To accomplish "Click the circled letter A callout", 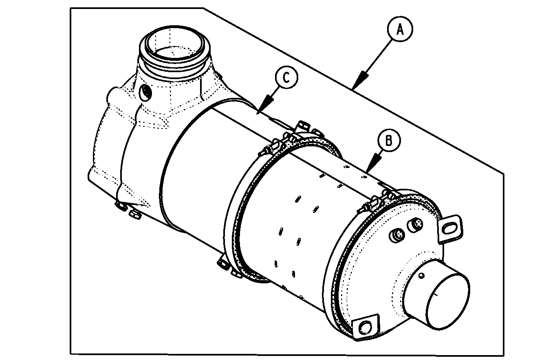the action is tap(400, 29).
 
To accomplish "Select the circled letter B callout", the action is tap(389, 140).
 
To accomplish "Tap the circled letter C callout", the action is tap(286, 77).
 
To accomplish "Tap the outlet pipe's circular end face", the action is tap(447, 301).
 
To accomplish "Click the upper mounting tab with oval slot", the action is tap(449, 229).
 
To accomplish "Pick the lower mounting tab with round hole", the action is tap(365, 327).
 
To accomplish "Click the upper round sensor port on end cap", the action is tap(415, 225).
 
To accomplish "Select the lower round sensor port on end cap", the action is tap(396, 235).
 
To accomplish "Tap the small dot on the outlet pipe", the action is tap(421, 276).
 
